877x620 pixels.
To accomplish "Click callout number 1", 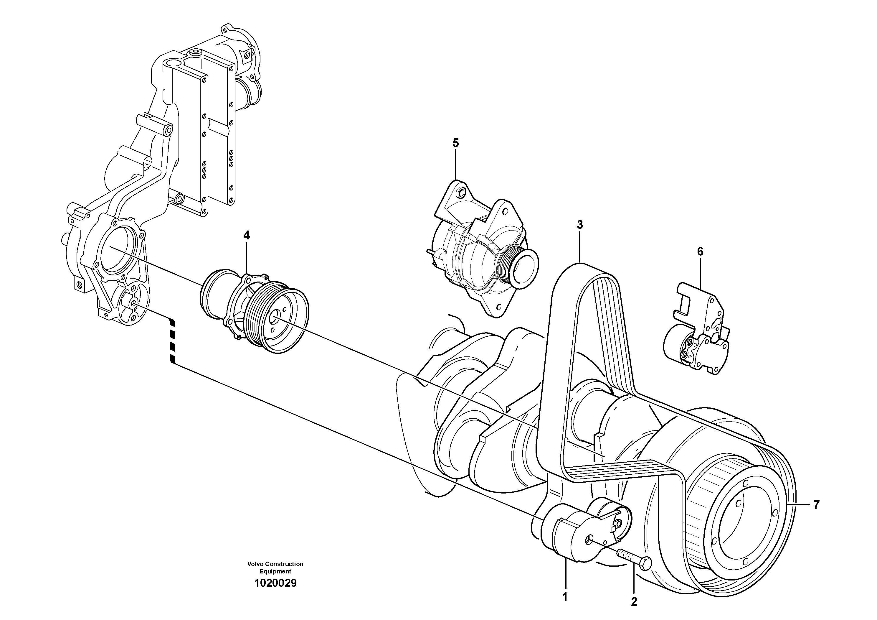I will (x=565, y=597).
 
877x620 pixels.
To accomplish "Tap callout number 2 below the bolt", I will (x=634, y=602).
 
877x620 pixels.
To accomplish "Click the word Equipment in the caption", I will (x=275, y=571).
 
